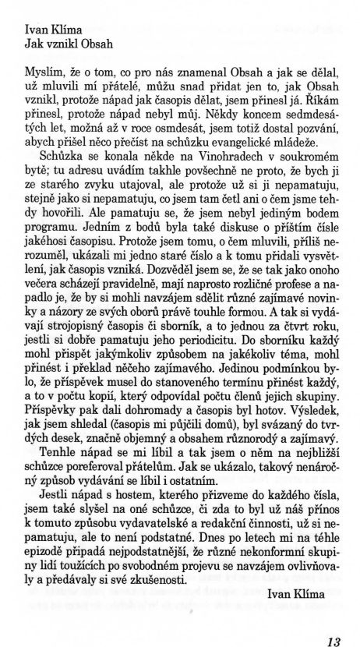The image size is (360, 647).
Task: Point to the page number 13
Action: coord(335,620)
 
